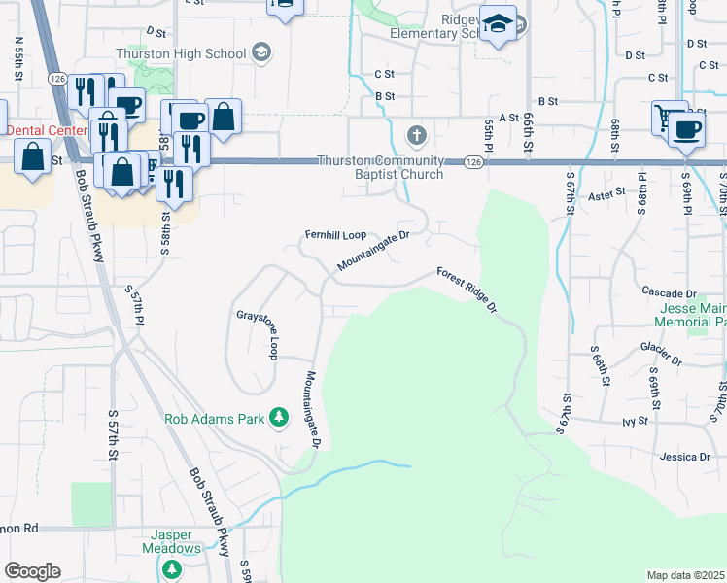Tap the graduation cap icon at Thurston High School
point(260,51)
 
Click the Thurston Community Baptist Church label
point(381,167)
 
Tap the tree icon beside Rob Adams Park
point(280,419)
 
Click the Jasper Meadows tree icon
point(171,568)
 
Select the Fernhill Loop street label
point(335,235)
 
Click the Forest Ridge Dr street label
point(467,290)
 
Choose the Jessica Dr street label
point(686,456)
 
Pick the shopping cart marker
point(669,117)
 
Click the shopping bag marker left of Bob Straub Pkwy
point(33,157)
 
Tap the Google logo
point(32,570)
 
